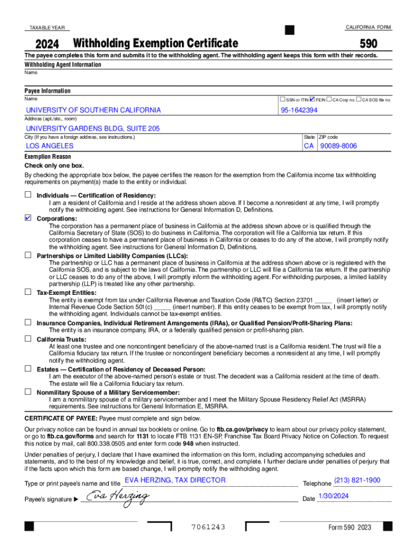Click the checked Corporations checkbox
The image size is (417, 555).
[28, 218]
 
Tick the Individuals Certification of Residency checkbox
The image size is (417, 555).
[28, 195]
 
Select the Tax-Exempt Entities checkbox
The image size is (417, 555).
[28, 292]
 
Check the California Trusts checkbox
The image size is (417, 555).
[28, 339]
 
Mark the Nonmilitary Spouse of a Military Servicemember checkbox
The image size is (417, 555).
[28, 391]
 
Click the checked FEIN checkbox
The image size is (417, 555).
[312, 100]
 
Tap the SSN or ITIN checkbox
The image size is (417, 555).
[283, 100]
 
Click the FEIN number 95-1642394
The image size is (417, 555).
[299, 110]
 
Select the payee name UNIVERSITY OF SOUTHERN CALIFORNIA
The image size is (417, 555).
[93, 110]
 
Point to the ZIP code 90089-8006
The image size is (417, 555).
[338, 146]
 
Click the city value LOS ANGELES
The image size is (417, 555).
[50, 146]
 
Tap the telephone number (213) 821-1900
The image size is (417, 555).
[357, 480]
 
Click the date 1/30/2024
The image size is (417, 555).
[334, 495]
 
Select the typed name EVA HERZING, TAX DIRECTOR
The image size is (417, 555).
[175, 480]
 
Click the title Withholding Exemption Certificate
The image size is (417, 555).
[155, 43]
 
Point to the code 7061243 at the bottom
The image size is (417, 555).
[208, 527]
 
